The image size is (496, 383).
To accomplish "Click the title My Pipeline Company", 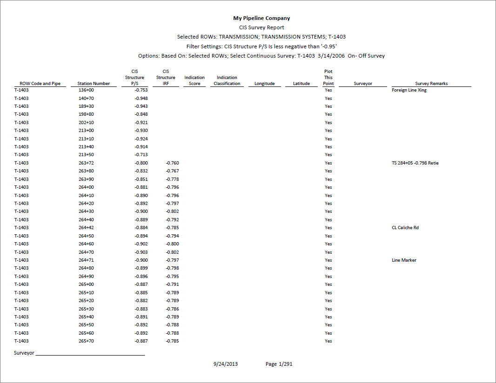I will (261, 18).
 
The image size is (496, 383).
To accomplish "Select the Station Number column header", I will (94, 84).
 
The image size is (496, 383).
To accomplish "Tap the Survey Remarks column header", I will (431, 84).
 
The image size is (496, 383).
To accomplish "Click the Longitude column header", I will (264, 84).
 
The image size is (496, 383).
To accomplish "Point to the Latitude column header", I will (302, 84).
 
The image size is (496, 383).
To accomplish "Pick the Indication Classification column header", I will (227, 81).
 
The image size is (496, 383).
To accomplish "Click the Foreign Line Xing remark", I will (409, 90).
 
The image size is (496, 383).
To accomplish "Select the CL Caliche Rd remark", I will (405, 228).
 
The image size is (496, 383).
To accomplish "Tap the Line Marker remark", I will (404, 260).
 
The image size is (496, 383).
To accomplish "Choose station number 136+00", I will (86, 90).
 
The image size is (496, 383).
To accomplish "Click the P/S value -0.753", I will (141, 90).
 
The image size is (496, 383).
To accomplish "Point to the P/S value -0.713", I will (141, 155).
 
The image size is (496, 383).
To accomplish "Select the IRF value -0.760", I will (172, 163).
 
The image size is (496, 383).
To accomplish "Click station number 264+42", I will (86, 228).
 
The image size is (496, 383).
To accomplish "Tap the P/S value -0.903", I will (141, 252).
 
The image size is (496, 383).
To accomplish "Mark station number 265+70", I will (86, 341).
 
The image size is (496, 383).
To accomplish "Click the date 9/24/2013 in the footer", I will (226, 364).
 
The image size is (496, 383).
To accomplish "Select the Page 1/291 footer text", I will (279, 364).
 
